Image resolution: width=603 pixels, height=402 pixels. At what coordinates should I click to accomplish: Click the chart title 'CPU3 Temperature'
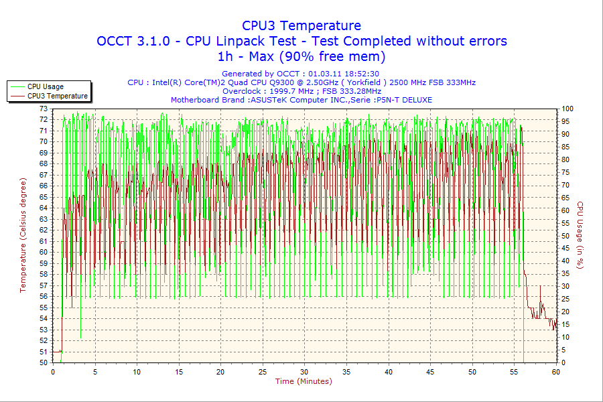(x=301, y=25)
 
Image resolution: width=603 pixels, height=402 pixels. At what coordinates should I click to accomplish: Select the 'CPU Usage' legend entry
(x=46, y=86)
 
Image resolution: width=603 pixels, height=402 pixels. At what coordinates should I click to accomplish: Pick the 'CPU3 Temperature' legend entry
(x=57, y=96)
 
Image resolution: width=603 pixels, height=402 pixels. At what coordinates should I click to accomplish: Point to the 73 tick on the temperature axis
(x=44, y=109)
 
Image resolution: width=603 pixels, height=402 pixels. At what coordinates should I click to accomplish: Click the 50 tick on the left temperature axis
(x=44, y=362)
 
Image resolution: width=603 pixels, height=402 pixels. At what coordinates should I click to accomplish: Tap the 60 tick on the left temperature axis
(x=44, y=252)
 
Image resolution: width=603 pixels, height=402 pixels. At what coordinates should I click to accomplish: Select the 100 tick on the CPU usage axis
(x=567, y=109)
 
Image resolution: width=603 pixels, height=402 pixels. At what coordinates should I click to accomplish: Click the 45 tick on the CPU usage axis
(x=565, y=249)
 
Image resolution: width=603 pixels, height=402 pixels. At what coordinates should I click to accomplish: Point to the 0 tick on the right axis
(x=563, y=362)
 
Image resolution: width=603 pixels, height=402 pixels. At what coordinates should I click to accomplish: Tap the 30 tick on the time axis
(x=305, y=372)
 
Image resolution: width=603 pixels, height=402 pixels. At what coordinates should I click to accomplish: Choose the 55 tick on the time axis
(x=514, y=372)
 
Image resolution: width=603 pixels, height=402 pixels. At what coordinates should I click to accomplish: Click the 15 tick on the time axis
(x=179, y=372)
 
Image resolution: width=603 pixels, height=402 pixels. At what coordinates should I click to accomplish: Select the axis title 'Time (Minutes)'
(x=304, y=381)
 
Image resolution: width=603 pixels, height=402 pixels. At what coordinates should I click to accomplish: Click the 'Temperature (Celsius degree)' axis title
(x=23, y=235)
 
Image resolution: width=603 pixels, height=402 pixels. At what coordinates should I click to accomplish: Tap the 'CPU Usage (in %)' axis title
(x=580, y=235)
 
